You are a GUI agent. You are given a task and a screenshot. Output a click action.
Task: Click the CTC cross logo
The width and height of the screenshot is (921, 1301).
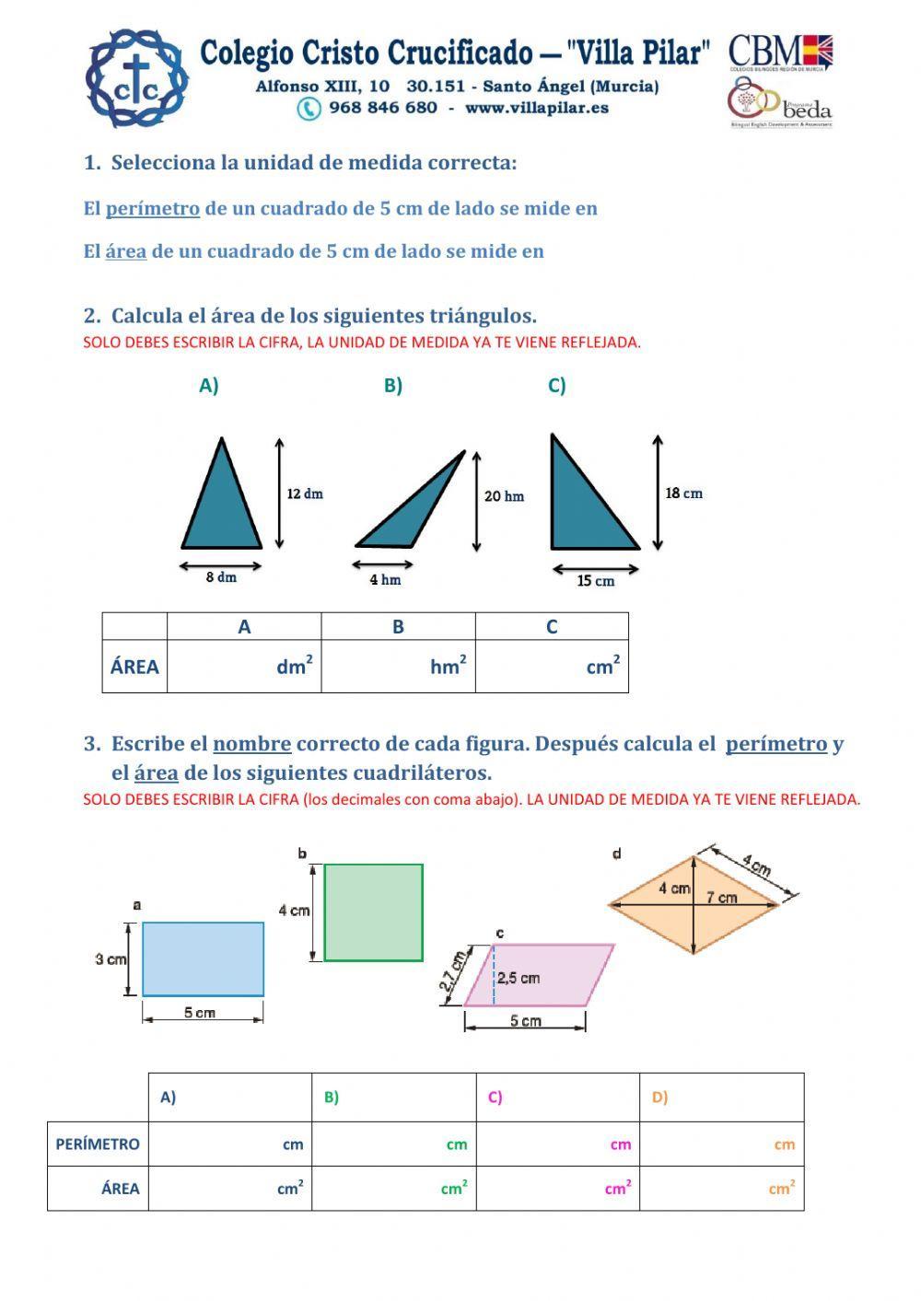(x=136, y=79)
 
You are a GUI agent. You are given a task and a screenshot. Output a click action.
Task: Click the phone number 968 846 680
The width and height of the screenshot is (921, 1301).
(x=383, y=108)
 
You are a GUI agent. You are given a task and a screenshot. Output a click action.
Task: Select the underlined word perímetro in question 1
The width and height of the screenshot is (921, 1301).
(x=153, y=208)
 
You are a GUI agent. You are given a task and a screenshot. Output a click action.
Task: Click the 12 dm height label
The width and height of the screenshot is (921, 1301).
(x=305, y=494)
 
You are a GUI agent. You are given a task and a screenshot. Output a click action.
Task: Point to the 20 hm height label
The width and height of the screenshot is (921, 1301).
(x=504, y=496)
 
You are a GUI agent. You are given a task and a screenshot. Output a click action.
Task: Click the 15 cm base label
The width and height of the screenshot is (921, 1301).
(x=596, y=581)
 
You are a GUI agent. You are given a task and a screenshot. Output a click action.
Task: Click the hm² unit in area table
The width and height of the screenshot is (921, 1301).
(x=449, y=666)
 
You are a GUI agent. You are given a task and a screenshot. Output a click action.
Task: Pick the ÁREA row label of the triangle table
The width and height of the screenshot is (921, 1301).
(x=134, y=667)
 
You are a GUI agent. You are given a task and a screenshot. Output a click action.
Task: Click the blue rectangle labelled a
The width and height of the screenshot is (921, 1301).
(x=203, y=958)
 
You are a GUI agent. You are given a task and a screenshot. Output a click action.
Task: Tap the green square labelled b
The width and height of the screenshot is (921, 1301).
(x=373, y=912)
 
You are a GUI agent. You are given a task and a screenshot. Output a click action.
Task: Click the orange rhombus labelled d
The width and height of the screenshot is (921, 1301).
(x=694, y=904)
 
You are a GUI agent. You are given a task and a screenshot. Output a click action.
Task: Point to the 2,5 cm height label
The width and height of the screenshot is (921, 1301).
(x=519, y=978)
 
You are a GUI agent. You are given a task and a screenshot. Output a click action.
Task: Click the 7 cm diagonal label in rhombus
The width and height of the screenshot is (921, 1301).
(x=722, y=897)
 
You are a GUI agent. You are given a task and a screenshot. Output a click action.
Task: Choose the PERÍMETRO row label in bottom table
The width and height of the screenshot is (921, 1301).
(x=98, y=1144)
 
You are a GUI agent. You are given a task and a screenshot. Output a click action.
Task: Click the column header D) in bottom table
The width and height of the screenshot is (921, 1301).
(x=659, y=1098)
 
